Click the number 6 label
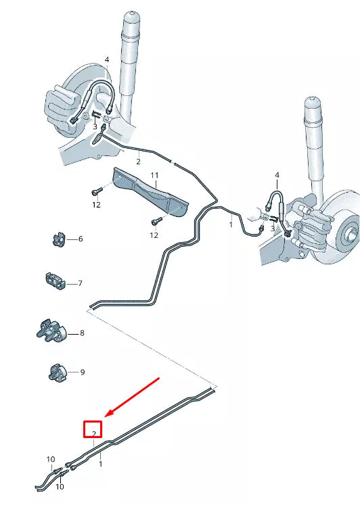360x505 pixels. [x=81, y=239]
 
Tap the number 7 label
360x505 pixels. [x=81, y=283]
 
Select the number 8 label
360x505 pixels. [x=82, y=333]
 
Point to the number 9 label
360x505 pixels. [x=83, y=372]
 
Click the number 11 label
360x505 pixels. [x=154, y=176]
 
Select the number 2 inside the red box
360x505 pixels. [x=93, y=429]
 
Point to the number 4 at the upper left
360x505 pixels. [x=106, y=60]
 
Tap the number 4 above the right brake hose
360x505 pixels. [x=276, y=176]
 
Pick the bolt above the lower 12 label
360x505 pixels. [x=156, y=220]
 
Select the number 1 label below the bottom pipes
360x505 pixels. [x=101, y=464]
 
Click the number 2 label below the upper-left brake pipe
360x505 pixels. [x=138, y=162]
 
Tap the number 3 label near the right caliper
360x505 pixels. [x=273, y=229]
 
